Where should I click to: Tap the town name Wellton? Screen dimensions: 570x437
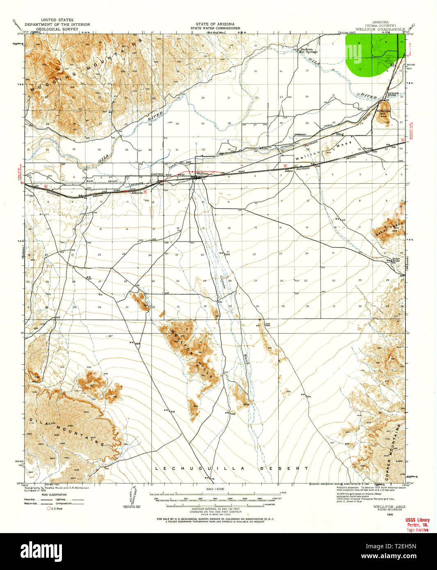(x=202, y=173)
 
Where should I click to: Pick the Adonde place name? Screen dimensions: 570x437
(x=137, y=192)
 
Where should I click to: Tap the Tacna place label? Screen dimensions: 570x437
(x=367, y=148)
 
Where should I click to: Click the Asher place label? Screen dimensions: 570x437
(x=290, y=171)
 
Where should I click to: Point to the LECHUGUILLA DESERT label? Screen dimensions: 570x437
(x=232, y=468)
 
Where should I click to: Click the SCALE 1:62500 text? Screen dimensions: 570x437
(x=218, y=488)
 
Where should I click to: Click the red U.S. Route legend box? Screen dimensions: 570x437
(x=49, y=508)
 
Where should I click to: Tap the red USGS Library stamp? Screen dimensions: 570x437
(x=417, y=524)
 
